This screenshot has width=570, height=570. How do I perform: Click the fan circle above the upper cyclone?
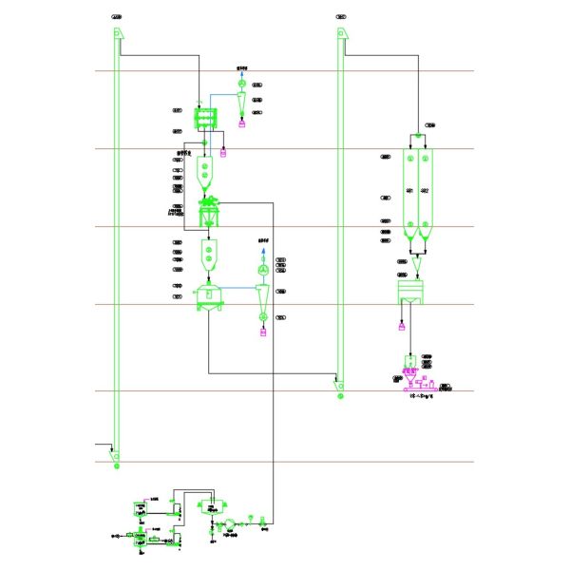click(x=241, y=82)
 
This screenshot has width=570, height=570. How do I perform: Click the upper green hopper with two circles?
click(x=206, y=171)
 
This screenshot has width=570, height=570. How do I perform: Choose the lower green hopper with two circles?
click(x=208, y=255)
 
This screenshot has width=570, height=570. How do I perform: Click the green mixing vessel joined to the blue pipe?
click(x=208, y=294)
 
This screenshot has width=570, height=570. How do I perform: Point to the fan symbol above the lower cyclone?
click(x=263, y=271)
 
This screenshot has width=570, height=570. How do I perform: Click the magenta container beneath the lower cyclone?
click(x=263, y=332)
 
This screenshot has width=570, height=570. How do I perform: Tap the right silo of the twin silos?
click(x=425, y=190)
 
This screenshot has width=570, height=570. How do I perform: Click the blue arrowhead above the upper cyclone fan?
click(x=241, y=71)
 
